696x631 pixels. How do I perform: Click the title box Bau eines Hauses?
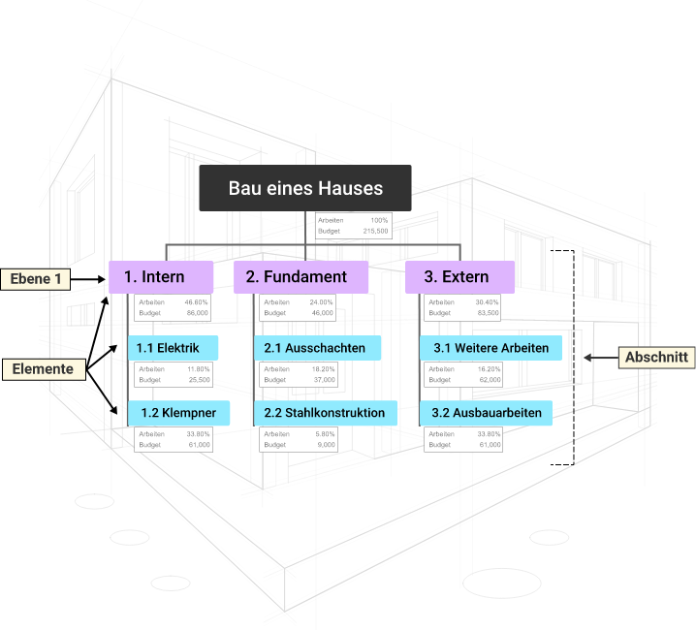tap(305, 188)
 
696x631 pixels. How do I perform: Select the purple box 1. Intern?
tap(161, 277)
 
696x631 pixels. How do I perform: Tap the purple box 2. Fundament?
tap(301, 277)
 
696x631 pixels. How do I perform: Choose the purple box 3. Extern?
tap(460, 277)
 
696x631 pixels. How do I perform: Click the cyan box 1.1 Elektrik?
tap(173, 348)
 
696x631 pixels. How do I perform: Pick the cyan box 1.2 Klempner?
tap(178, 413)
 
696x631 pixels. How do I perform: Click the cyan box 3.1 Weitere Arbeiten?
tap(490, 348)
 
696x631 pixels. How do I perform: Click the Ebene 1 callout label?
tap(37, 279)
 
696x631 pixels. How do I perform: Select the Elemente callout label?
tap(43, 369)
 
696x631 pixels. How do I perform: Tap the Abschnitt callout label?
tap(656, 358)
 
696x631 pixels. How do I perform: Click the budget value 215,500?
tap(375, 232)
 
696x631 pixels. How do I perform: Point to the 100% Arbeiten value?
tap(379, 221)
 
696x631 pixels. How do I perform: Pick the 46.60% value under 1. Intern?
tap(197, 302)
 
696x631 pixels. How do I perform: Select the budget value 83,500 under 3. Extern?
tap(488, 313)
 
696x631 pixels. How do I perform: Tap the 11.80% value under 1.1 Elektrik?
tap(198, 369)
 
